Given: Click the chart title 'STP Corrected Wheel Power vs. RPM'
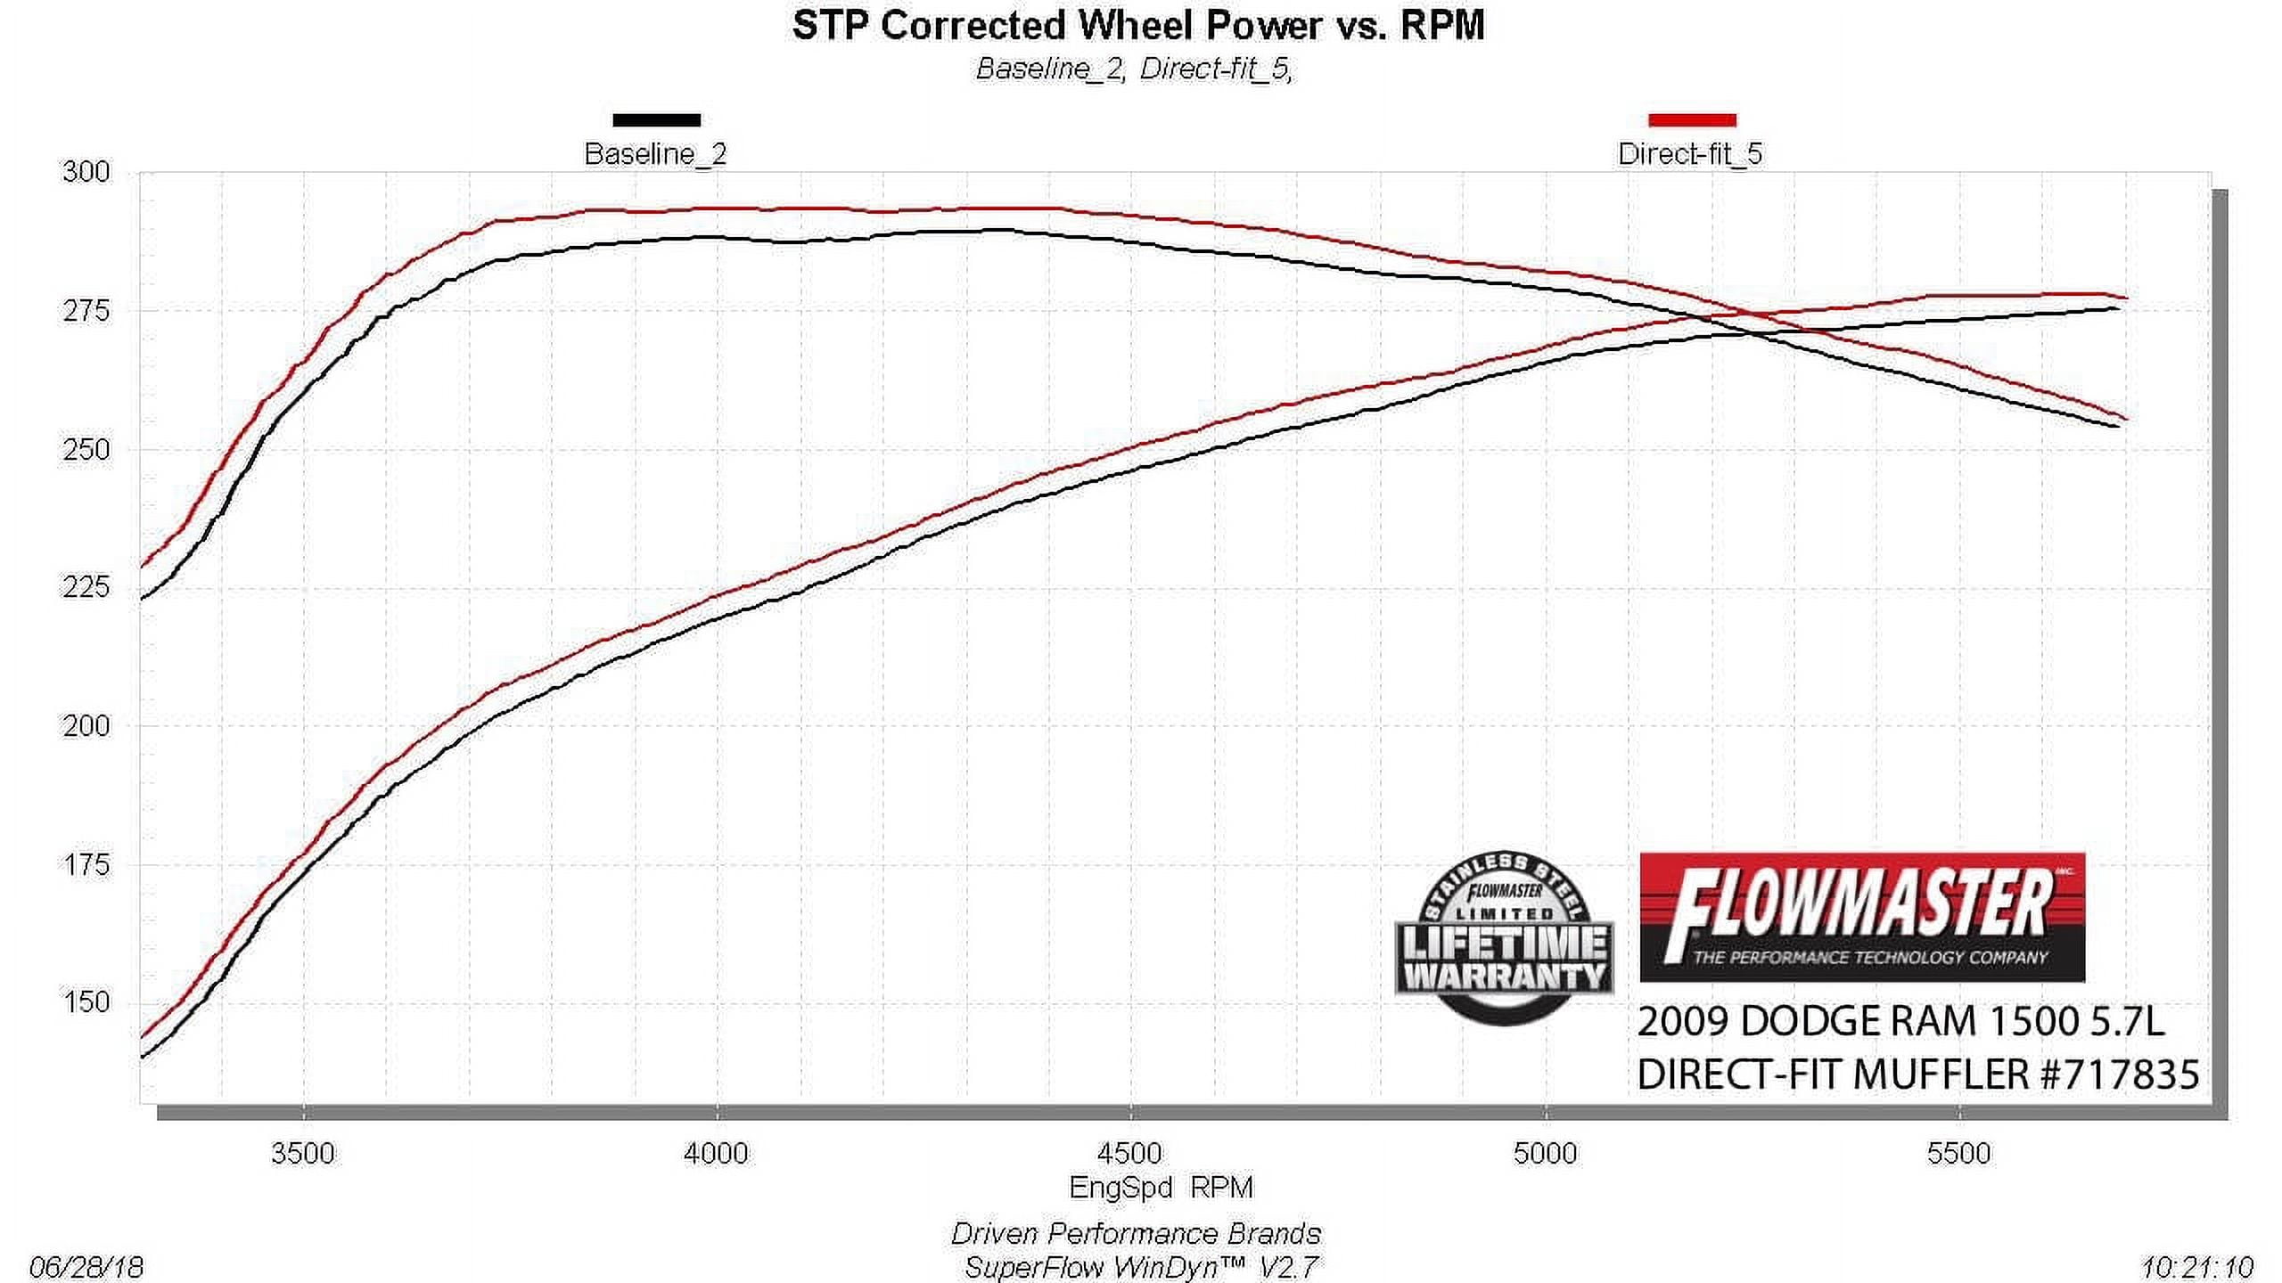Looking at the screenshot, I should pyautogui.click(x=1137, y=26).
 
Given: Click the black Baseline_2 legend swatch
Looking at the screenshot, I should pyautogui.click(x=656, y=120).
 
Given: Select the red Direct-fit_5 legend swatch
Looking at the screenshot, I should pyautogui.click(x=1692, y=120).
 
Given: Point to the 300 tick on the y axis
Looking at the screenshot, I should pyautogui.click(x=86, y=172).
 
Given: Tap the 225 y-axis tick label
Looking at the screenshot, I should pyautogui.click(x=86, y=587).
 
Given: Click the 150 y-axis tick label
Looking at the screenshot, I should pyautogui.click(x=86, y=1002).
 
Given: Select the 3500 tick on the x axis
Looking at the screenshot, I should pyautogui.click(x=303, y=1153).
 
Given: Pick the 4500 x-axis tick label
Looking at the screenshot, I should pyautogui.click(x=1129, y=1153).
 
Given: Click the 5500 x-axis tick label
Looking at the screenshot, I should pyautogui.click(x=1958, y=1153).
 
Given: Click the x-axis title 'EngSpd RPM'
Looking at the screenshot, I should pyautogui.click(x=1161, y=1188).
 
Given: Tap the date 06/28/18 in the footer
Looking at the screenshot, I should pyautogui.click(x=86, y=1267).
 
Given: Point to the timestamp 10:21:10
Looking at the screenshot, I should pyautogui.click(x=2197, y=1267).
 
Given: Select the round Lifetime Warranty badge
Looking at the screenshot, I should pyautogui.click(x=1505, y=937).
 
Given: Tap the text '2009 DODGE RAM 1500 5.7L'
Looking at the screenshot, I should pyautogui.click(x=1900, y=1022).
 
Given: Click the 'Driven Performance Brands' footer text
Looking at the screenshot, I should pyautogui.click(x=1136, y=1234).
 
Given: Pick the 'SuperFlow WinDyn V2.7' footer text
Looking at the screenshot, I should pyautogui.click(x=1141, y=1267).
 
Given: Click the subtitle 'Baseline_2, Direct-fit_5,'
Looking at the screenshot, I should pyautogui.click(x=1134, y=69).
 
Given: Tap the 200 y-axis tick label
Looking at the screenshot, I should pyautogui.click(x=86, y=726).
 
